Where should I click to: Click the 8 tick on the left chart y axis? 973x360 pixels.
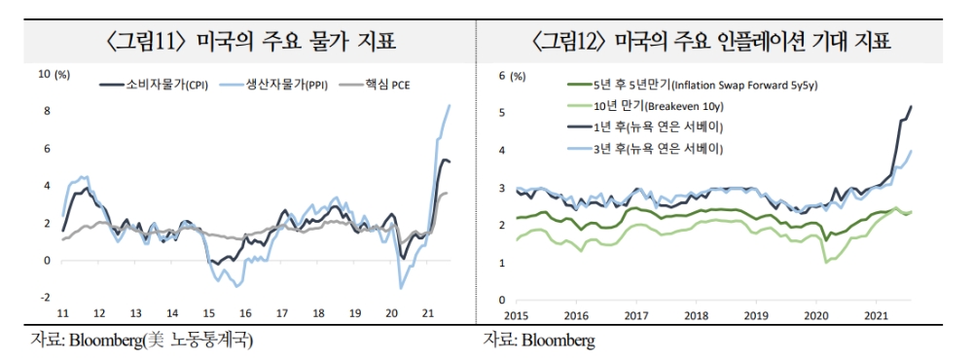pyautogui.click(x=46, y=111)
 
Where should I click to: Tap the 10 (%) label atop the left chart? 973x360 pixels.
pyautogui.click(x=54, y=74)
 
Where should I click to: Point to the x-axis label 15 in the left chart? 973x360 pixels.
pyautogui.click(x=208, y=313)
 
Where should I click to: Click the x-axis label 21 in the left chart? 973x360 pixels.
pyautogui.click(x=426, y=313)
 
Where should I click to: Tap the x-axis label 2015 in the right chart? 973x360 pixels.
pyautogui.click(x=516, y=316)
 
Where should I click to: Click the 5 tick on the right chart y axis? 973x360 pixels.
pyautogui.click(x=501, y=113)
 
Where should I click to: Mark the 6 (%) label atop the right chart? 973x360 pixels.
pyautogui.click(x=510, y=75)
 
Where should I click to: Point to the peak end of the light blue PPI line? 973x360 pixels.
pyautogui.click(x=450, y=105)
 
